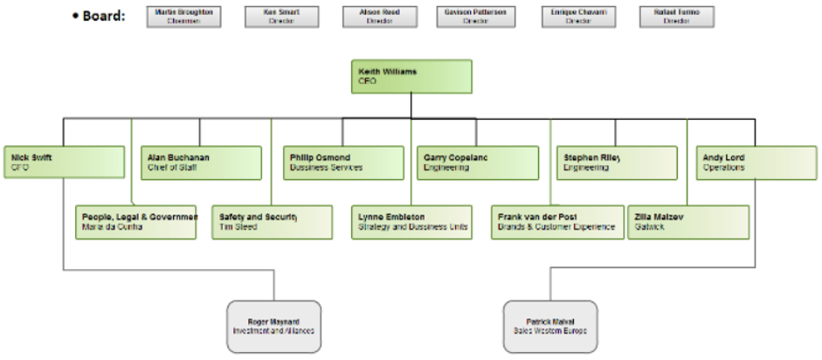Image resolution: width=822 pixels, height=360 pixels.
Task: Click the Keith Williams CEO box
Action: tap(411, 76)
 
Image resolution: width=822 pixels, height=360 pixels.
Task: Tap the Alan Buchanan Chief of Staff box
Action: tap(201, 163)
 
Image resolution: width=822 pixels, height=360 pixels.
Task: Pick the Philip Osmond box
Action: tap(344, 163)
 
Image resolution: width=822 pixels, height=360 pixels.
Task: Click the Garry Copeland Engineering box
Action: tap(477, 163)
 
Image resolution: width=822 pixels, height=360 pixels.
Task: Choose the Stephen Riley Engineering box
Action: tap(616, 163)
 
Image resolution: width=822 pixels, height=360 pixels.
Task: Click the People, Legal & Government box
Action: tap(136, 222)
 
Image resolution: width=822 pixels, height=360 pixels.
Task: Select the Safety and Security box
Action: tap(272, 222)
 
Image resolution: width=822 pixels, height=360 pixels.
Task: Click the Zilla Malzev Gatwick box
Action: tap(688, 222)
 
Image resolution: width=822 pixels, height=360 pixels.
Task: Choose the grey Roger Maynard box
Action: tap(273, 327)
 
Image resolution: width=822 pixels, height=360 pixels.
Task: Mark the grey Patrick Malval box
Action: tap(550, 327)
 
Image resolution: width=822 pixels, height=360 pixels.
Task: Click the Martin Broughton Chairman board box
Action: tap(183, 17)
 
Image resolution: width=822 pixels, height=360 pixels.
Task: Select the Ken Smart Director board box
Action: tap(281, 17)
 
